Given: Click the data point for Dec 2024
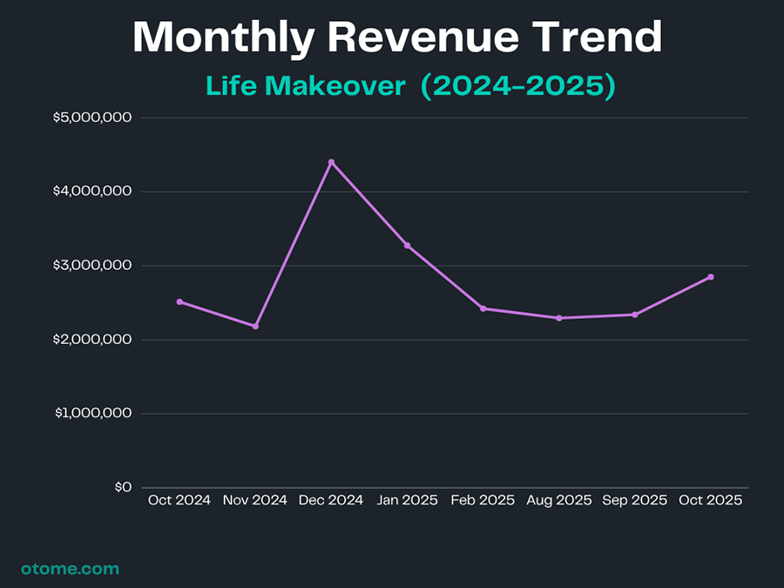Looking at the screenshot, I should point(331,162).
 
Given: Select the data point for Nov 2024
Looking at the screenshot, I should point(255,326).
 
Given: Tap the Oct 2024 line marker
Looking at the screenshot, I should point(179,301).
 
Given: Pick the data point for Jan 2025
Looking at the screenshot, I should point(407,246).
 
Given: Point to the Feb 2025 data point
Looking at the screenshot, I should point(483,308).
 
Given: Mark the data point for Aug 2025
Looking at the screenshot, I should point(558,318).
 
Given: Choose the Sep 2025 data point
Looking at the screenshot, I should point(634,314).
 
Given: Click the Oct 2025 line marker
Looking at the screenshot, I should point(710,277).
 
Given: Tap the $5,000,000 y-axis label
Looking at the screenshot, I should point(91,118).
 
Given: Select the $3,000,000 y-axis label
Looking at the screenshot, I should point(91,266).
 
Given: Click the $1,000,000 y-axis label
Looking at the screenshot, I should point(91,414).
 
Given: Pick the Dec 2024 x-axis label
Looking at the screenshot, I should point(331,500).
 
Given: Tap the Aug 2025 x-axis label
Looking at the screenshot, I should point(558,500).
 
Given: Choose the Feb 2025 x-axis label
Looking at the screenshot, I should point(483,500).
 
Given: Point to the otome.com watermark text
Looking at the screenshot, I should point(70,569).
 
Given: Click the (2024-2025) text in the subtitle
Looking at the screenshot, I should point(518,86).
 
